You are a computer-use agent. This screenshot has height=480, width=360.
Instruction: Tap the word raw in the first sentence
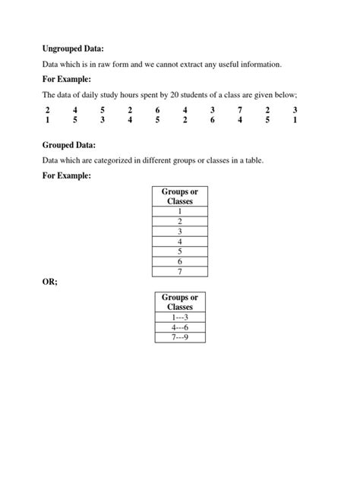pos(112,65)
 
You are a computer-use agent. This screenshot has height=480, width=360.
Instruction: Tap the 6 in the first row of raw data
pos(157,110)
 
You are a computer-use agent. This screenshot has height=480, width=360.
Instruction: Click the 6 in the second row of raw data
pos(213,119)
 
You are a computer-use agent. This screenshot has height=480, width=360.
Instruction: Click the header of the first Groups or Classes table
pos(180,197)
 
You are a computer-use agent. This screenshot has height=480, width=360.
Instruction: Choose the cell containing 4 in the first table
pos(180,242)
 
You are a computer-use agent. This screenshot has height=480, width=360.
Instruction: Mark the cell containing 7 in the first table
pos(180,271)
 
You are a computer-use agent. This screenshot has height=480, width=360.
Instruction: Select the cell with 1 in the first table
pos(180,212)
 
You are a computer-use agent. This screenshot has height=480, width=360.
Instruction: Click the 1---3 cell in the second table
pos(180,317)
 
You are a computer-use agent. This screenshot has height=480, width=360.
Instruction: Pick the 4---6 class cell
pos(180,327)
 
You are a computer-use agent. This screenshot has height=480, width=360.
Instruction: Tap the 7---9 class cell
pos(180,337)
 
